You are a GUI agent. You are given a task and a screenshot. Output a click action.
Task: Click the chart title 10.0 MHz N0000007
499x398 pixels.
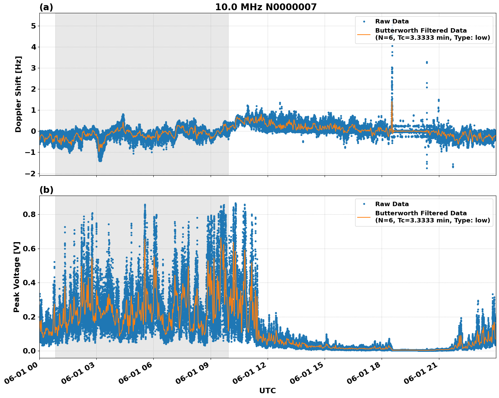[266, 7]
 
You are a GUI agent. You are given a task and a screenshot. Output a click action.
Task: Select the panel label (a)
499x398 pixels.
[46, 7]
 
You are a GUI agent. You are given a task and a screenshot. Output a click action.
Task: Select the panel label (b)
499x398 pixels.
[46, 190]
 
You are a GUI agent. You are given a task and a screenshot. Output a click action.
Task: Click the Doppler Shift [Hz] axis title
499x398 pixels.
[18, 94]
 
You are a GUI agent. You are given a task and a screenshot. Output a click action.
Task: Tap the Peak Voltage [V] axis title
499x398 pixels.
[17, 277]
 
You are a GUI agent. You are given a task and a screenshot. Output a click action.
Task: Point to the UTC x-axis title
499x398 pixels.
[267, 391]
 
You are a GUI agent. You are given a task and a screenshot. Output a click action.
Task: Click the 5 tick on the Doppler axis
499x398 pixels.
[33, 26]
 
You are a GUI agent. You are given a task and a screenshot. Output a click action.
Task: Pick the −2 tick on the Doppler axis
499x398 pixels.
[31, 174]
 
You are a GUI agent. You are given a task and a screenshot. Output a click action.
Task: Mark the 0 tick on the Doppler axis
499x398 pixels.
[33, 131]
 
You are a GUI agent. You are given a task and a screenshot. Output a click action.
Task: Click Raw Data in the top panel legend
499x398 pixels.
[392, 21]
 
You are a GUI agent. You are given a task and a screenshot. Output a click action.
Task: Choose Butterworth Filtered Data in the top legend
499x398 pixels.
[421, 31]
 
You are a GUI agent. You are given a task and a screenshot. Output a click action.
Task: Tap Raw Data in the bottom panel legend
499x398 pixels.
[392, 204]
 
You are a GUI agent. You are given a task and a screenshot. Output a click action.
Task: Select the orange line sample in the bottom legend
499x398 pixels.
[364, 217]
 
